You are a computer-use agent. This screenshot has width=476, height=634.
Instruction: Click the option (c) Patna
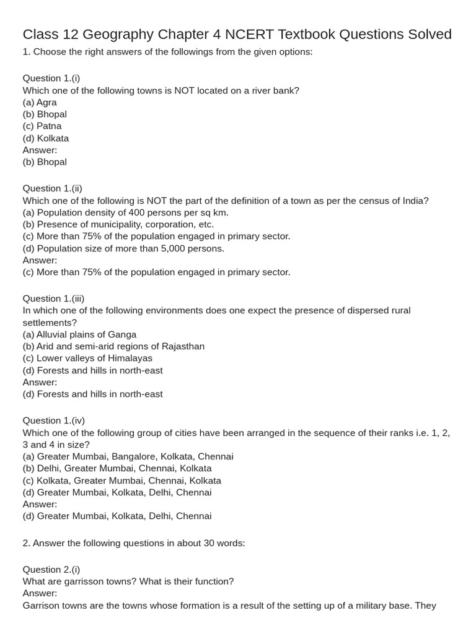coord(42,126)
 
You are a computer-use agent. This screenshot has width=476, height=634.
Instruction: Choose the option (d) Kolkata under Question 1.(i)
coord(46,138)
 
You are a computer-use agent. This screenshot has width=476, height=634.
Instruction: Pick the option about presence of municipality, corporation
coord(118,224)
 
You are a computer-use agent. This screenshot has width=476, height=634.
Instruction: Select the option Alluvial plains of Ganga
coord(79,334)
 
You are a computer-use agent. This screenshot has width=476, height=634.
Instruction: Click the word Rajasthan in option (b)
coord(183,346)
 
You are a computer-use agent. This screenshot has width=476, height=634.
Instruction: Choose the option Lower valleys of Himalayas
coord(87,358)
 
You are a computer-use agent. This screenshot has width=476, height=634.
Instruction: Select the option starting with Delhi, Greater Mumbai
coord(117,468)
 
